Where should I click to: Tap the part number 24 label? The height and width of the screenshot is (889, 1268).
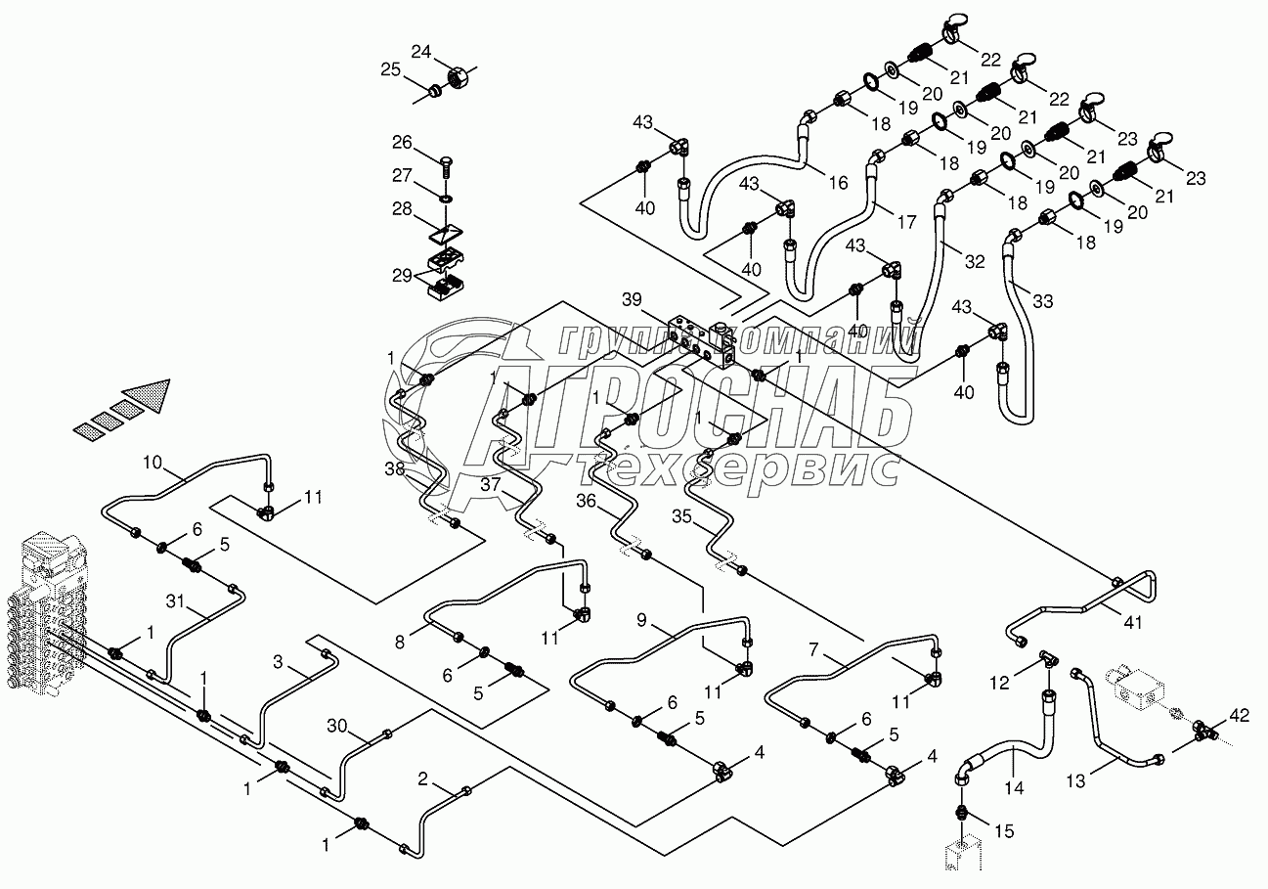pyautogui.click(x=420, y=52)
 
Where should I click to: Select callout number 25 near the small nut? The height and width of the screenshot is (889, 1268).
pyautogui.click(x=391, y=69)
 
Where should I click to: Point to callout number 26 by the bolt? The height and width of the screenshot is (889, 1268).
pyautogui.click(x=403, y=143)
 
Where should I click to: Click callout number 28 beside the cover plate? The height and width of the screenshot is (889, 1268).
pyautogui.click(x=403, y=209)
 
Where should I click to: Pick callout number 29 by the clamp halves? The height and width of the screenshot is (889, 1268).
pyautogui.click(x=403, y=278)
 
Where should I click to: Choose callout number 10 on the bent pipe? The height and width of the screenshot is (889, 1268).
pyautogui.click(x=153, y=461)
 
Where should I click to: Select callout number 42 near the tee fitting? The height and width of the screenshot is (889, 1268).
pyautogui.click(x=1238, y=715)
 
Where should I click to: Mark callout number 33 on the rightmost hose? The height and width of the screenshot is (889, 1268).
pyautogui.click(x=1042, y=301)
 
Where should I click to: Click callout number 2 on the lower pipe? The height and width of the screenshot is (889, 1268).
pyautogui.click(x=422, y=778)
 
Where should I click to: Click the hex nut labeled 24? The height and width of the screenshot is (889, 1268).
pyautogui.click(x=455, y=73)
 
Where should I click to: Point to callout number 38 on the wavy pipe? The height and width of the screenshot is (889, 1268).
pyautogui.click(x=394, y=469)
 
